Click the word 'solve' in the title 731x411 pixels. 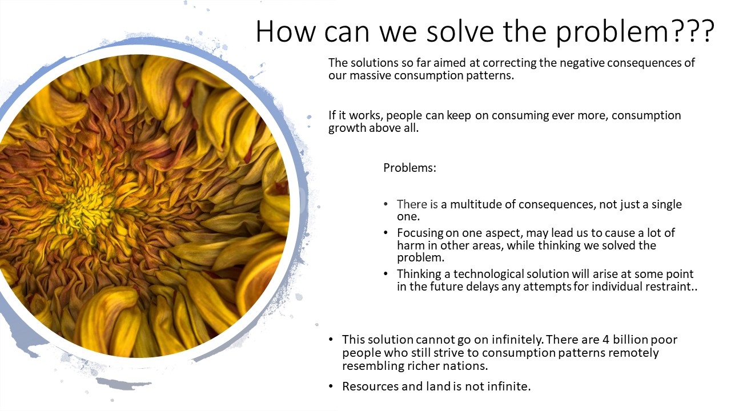pos(460,31)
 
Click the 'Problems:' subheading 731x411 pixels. pos(409,168)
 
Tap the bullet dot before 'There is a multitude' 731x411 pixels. pos(386,204)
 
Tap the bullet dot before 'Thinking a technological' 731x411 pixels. pos(386,274)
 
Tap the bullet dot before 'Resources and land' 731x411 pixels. pos(331,386)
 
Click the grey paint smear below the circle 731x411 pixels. pos(124,384)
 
